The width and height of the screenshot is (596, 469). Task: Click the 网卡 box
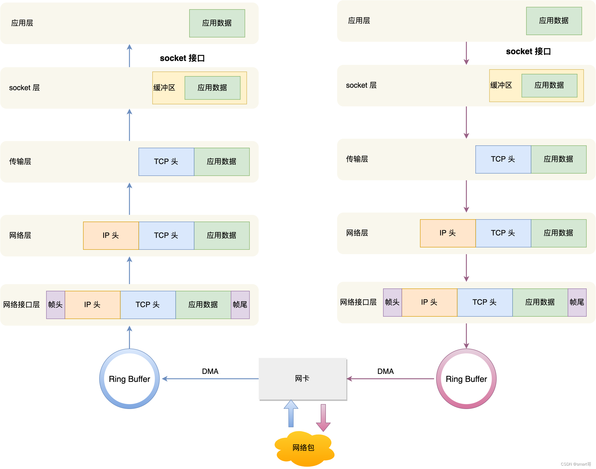click(x=302, y=379)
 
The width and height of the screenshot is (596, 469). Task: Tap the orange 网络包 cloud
click(x=303, y=448)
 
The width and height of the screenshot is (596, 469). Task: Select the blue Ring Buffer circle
click(x=130, y=379)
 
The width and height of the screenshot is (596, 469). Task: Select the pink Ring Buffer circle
click(x=466, y=379)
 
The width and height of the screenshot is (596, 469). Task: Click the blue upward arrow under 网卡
click(x=291, y=414)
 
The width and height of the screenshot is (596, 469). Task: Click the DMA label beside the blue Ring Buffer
click(x=210, y=371)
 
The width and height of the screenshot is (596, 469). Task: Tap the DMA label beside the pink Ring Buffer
click(x=386, y=371)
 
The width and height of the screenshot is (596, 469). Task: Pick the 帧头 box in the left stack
click(x=55, y=305)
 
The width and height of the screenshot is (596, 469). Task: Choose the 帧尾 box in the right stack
click(x=577, y=302)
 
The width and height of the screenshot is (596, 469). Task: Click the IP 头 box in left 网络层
click(x=111, y=235)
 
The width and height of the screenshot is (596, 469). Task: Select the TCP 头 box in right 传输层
click(x=503, y=159)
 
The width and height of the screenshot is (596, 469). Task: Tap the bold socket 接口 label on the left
click(x=182, y=58)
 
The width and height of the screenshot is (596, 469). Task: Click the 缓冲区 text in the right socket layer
click(x=501, y=85)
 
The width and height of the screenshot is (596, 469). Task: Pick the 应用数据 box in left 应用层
click(x=217, y=23)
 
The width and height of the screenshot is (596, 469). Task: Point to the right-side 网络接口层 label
click(x=358, y=302)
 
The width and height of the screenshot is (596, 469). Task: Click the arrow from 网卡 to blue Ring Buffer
click(x=210, y=379)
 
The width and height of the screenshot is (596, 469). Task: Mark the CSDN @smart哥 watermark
click(x=576, y=464)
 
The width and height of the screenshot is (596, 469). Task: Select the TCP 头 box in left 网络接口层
click(x=148, y=305)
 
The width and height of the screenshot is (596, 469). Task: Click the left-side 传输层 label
click(x=20, y=162)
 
